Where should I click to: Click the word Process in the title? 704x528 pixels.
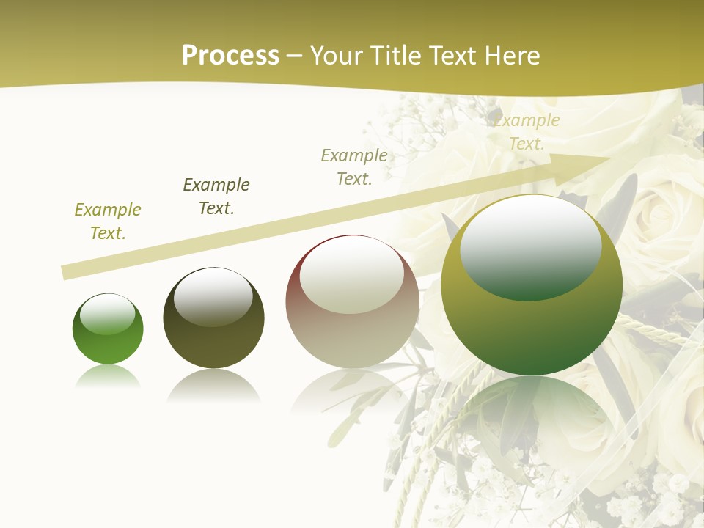pyautogui.click(x=230, y=55)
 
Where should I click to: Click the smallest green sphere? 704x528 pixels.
pyautogui.click(x=108, y=329)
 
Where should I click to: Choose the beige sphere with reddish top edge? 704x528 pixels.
pyautogui.click(x=352, y=301)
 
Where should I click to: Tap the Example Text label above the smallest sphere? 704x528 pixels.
pyautogui.click(x=108, y=221)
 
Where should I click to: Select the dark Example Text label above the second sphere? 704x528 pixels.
pyautogui.click(x=216, y=197)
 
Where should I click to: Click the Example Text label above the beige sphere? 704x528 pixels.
pyautogui.click(x=354, y=167)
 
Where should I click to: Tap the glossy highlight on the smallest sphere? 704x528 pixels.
pyautogui.click(x=107, y=314)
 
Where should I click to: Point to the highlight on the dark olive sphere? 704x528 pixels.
pyautogui.click(x=213, y=295)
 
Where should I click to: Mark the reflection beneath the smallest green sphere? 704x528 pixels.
pyautogui.click(x=108, y=377)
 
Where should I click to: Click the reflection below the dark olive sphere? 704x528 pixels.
pyautogui.click(x=213, y=386)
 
